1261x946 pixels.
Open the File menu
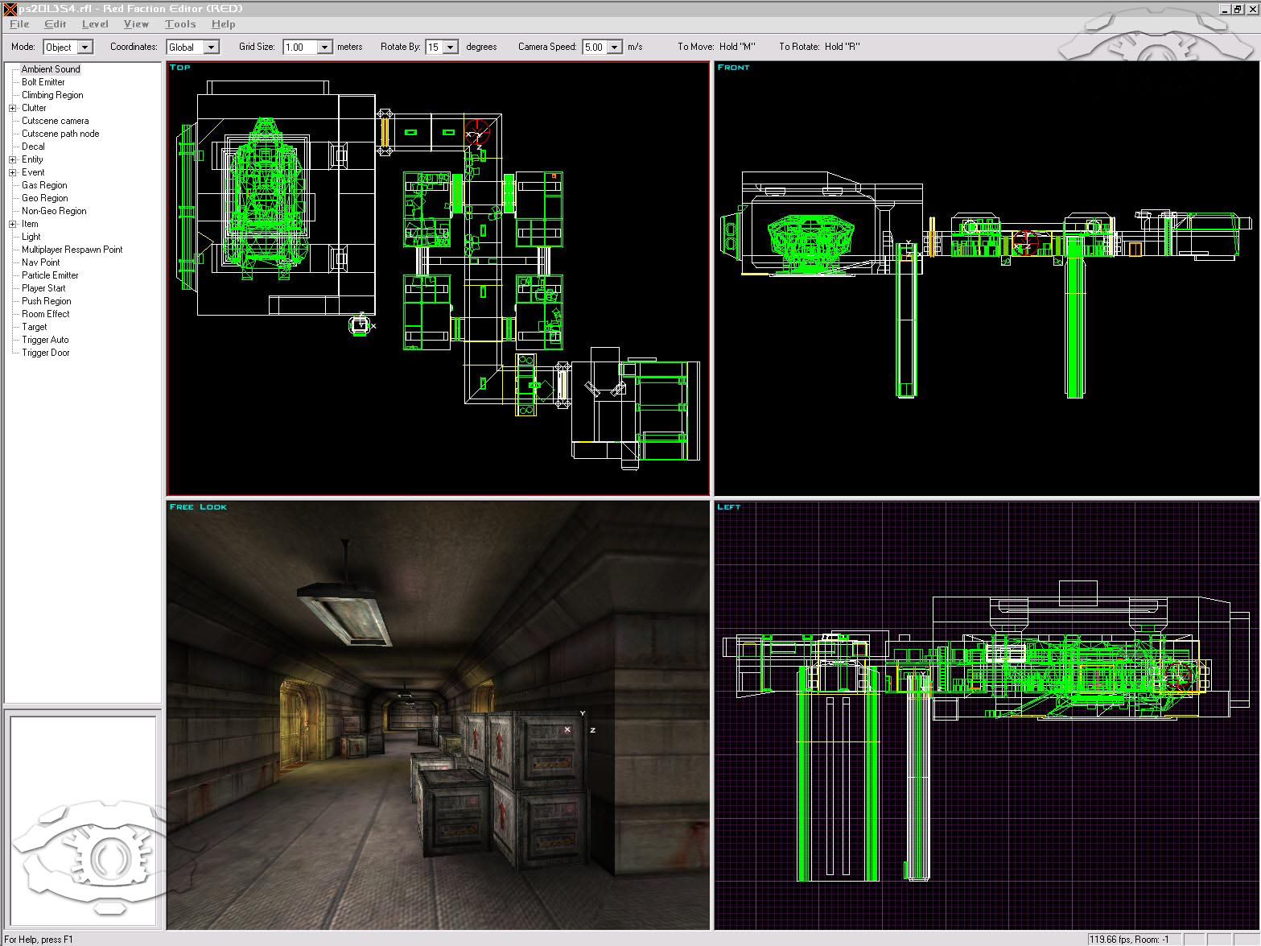(19, 24)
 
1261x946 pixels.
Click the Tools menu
(180, 24)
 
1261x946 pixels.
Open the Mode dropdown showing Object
(68, 48)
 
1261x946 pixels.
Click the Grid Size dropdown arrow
(325, 48)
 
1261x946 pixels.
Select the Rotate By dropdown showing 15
(442, 48)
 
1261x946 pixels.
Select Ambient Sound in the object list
(51, 69)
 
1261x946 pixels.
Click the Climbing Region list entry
(52, 95)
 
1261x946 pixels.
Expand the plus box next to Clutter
(13, 108)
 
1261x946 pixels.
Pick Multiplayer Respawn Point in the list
(72, 250)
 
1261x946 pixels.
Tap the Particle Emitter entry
(50, 275)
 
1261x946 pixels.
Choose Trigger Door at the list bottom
(45, 353)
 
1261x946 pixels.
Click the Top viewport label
(180, 68)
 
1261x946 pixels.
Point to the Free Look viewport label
(198, 507)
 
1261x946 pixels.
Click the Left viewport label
(728, 507)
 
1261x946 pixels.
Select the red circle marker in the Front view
(1025, 241)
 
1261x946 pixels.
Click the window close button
(1251, 9)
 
